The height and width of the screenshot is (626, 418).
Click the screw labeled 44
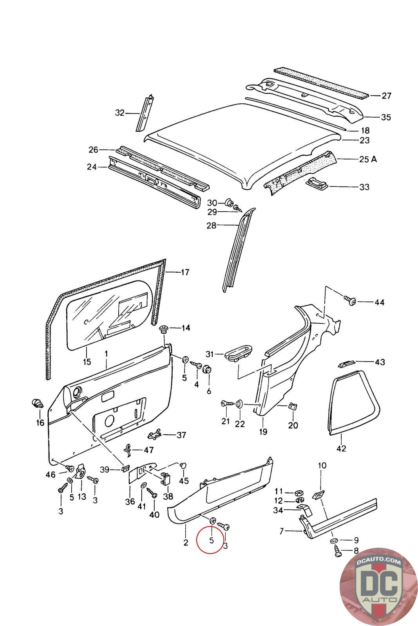[x=350, y=301]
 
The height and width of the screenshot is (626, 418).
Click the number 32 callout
[x=119, y=113]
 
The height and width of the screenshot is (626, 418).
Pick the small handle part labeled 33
[x=316, y=182]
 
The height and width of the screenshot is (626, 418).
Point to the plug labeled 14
[x=163, y=328]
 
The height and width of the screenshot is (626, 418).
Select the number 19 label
[x=263, y=432]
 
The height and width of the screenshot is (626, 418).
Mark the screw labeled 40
[x=151, y=495]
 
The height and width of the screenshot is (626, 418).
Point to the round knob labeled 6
[x=208, y=369]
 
